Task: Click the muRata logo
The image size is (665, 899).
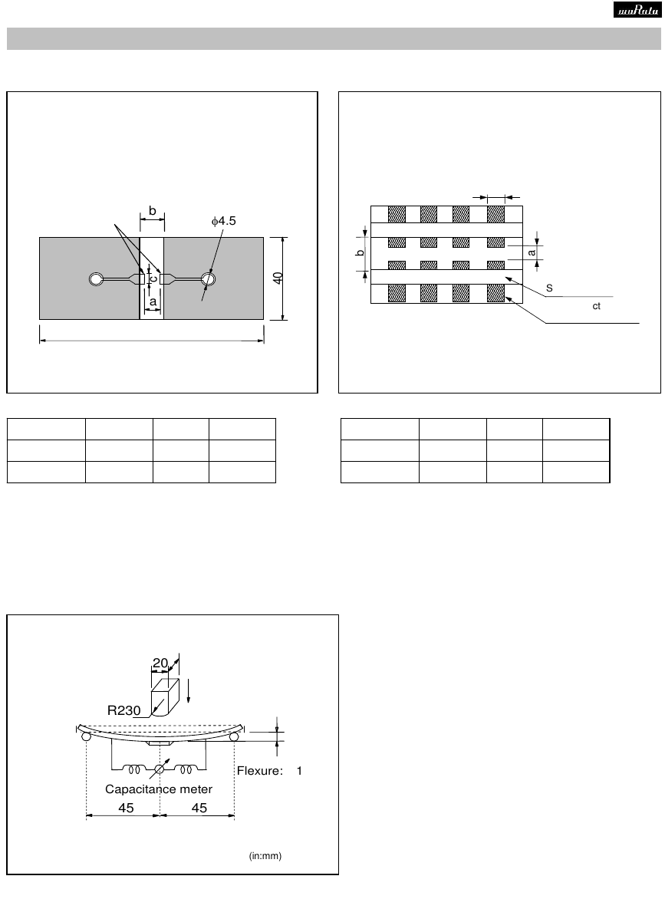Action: pyautogui.click(x=637, y=10)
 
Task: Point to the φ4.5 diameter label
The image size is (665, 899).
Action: pyautogui.click(x=223, y=221)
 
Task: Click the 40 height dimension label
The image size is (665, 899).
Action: pyautogui.click(x=278, y=278)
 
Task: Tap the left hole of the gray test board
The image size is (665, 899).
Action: pyautogui.click(x=97, y=279)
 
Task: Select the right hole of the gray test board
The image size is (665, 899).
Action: pyautogui.click(x=209, y=279)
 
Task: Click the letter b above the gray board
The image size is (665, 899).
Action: pyautogui.click(x=152, y=211)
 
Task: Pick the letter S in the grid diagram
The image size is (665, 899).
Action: pyautogui.click(x=549, y=288)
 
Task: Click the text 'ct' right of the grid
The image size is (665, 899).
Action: pyautogui.click(x=596, y=306)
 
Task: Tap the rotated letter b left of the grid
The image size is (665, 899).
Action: pyautogui.click(x=360, y=252)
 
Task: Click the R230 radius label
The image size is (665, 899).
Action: pyautogui.click(x=123, y=710)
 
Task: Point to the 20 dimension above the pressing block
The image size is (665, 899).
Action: pyautogui.click(x=160, y=663)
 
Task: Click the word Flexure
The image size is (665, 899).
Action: pyautogui.click(x=260, y=771)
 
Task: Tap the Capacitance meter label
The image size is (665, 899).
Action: pyautogui.click(x=159, y=789)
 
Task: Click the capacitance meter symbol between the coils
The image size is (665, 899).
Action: pyautogui.click(x=160, y=769)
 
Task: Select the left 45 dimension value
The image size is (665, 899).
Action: pyautogui.click(x=126, y=808)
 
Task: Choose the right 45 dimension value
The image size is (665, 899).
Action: pyautogui.click(x=199, y=808)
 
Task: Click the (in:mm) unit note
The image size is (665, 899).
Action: pyautogui.click(x=265, y=856)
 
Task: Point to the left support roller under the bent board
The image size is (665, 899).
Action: pyautogui.click(x=86, y=736)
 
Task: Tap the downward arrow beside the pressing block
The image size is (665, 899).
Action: pyautogui.click(x=189, y=691)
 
